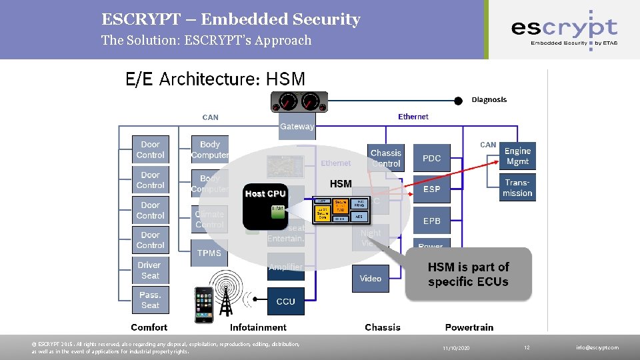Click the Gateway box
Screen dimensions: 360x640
297,127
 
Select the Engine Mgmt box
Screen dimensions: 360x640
517,157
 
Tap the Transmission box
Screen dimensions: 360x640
517,187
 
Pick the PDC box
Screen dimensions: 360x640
431,158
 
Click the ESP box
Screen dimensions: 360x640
431,189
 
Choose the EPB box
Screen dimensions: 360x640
431,220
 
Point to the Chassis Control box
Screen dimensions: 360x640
386,158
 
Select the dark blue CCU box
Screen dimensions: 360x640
285,301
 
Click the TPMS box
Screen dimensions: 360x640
209,253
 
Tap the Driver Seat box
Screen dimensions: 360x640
150,270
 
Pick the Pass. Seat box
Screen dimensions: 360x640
150,300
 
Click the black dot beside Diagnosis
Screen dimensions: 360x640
458,101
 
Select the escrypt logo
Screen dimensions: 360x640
563,29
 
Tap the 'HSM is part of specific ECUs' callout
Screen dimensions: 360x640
468,274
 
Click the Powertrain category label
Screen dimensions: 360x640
469,327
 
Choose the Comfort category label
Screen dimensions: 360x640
149,327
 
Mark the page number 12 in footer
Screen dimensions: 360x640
526,348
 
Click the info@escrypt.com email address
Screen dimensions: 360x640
598,348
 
